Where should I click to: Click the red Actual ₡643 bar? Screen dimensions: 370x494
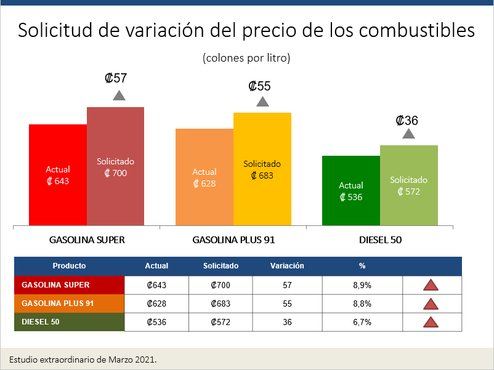58,175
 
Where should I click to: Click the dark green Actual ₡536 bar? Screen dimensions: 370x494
351,191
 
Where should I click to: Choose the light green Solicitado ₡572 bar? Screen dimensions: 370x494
408,185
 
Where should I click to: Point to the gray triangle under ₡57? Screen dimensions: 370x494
119,95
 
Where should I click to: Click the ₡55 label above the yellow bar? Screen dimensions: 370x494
259,86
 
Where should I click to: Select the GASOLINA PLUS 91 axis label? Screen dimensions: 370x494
233,240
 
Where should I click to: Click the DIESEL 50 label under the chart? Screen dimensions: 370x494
380,240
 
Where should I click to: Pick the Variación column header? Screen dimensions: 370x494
287,266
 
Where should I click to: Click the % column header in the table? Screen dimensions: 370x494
362,266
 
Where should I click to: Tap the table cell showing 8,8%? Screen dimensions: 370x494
362,304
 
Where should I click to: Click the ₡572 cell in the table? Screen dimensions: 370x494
221,322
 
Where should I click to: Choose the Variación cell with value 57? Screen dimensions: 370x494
287,285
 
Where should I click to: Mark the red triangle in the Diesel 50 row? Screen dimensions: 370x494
431,322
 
